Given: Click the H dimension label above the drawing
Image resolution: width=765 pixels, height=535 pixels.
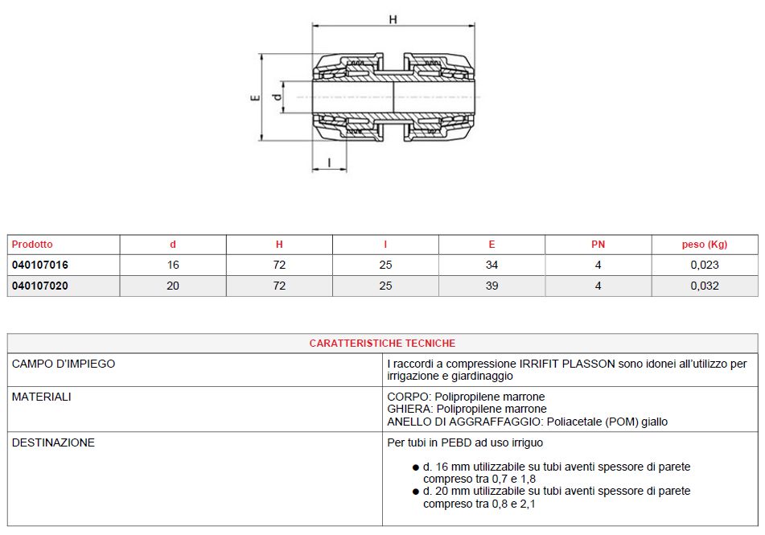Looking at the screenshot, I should (x=393, y=19).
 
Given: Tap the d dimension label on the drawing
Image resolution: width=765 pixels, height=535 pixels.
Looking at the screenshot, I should (x=277, y=97).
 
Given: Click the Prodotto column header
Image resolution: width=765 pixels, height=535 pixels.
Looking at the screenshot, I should (x=32, y=244).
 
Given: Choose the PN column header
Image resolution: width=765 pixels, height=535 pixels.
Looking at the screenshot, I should (x=598, y=244).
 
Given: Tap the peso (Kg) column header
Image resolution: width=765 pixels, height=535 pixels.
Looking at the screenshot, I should (x=704, y=244).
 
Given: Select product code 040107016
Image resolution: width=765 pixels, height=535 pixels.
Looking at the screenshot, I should (x=40, y=265).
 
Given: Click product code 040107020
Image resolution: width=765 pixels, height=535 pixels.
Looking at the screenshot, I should (x=40, y=286).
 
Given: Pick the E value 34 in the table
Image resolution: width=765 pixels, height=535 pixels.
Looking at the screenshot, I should (x=491, y=265).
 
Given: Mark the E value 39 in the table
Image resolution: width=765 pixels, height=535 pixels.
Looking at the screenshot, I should (x=491, y=286).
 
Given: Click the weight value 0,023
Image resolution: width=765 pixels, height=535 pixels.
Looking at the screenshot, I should (x=704, y=265).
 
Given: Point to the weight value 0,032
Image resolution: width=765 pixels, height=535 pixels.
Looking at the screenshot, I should (x=704, y=286).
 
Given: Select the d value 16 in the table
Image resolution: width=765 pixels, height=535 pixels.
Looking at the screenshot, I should (x=173, y=265).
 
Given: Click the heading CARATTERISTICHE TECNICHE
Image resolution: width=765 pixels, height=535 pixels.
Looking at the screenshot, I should (x=382, y=343).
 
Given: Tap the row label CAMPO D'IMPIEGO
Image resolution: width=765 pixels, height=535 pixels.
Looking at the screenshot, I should (x=64, y=364).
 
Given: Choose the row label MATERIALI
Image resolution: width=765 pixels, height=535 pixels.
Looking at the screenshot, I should (x=42, y=397).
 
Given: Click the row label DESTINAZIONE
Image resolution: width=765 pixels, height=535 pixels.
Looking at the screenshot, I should (x=53, y=442).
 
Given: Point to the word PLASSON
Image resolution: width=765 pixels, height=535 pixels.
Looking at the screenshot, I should (x=587, y=364).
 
